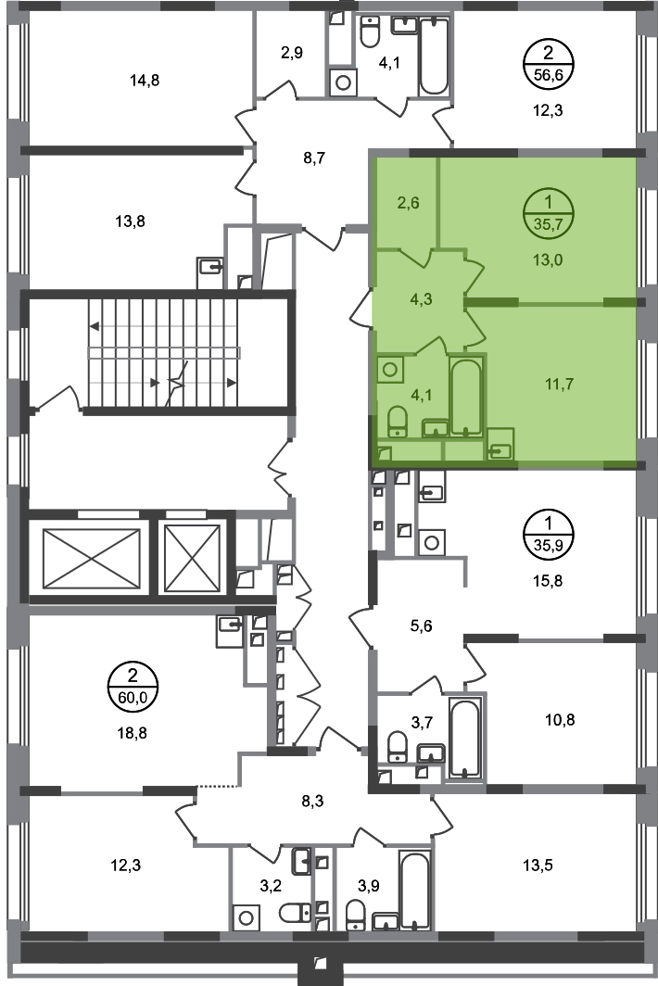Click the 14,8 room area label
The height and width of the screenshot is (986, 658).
click(144, 81)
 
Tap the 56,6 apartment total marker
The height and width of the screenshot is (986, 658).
click(548, 65)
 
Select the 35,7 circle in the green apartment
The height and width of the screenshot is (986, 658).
click(548, 214)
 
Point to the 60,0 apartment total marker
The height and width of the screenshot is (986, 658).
click(133, 688)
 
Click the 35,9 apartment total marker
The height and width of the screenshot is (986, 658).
click(548, 535)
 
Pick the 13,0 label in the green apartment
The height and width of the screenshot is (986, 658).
click(548, 259)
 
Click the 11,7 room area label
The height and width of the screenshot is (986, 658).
click(559, 384)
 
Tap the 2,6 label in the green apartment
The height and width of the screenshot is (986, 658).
click(409, 203)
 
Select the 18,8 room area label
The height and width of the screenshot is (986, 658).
click(133, 733)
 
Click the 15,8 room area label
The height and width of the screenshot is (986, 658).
click(548, 581)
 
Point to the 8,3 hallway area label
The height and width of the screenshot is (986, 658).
click(312, 801)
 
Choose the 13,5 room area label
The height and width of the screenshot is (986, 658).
click(538, 866)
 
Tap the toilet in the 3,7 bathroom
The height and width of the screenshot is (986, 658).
click(398, 747)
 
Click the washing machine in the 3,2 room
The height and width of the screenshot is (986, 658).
click(246, 917)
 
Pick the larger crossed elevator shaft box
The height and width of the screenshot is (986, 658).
click(92, 559)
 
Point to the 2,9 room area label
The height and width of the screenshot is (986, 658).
click(291, 53)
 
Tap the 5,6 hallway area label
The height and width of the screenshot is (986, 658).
click(421, 626)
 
